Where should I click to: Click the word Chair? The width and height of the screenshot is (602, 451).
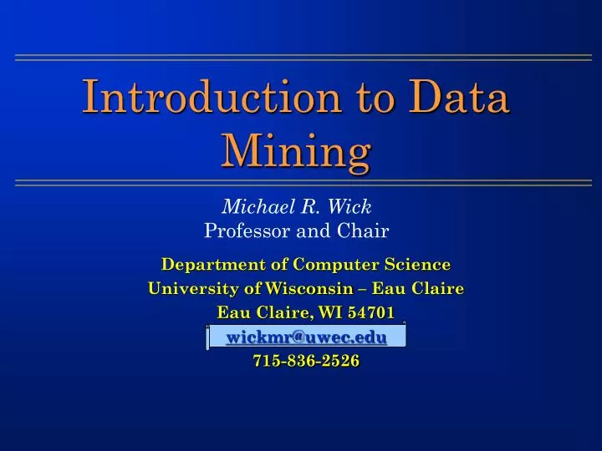click(362, 228)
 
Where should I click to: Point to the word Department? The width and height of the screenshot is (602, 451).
click(204, 265)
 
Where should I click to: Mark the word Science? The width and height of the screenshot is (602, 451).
click(417, 265)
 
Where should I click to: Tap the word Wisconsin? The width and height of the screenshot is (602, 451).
click(302, 289)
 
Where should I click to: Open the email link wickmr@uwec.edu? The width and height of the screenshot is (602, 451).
click(306, 337)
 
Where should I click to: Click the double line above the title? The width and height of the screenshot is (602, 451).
click(301, 58)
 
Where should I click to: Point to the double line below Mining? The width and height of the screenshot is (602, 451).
click(301, 181)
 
